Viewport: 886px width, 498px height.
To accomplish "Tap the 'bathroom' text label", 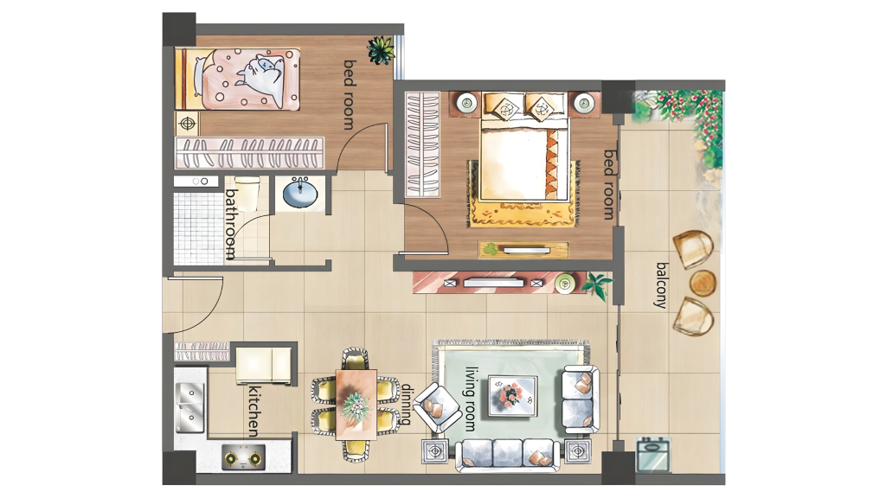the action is (231, 224).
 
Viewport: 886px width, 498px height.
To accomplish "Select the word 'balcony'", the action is (662, 285).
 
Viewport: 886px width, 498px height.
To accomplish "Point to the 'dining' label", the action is (407, 405).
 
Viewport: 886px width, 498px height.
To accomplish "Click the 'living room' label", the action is (470, 398).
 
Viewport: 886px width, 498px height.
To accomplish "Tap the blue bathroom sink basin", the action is (299, 194).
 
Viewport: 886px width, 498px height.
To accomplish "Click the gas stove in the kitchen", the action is (243, 457).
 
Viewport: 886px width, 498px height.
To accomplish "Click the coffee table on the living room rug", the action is (512, 396).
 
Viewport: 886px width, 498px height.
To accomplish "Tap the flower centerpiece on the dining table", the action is (356, 405).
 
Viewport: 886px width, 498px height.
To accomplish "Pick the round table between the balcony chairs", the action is (703, 283).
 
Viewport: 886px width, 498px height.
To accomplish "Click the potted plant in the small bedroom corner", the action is (381, 50).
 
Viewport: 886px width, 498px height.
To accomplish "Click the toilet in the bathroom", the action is (247, 192).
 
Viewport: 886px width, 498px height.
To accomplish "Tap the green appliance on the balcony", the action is (654, 454).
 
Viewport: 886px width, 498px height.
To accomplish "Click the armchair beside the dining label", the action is (437, 408).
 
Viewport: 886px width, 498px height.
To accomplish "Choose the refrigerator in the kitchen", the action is (263, 367).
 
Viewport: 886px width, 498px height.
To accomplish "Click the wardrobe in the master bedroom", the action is (422, 144).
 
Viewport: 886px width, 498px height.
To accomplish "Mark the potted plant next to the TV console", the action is (597, 284).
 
